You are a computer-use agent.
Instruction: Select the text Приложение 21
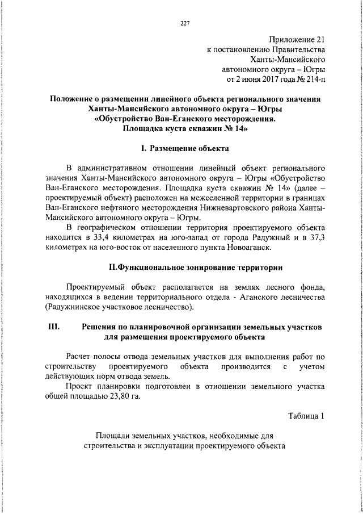pos(297,40)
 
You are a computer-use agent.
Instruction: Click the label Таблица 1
pos(306,416)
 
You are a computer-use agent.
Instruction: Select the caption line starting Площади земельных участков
pos(184,436)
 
